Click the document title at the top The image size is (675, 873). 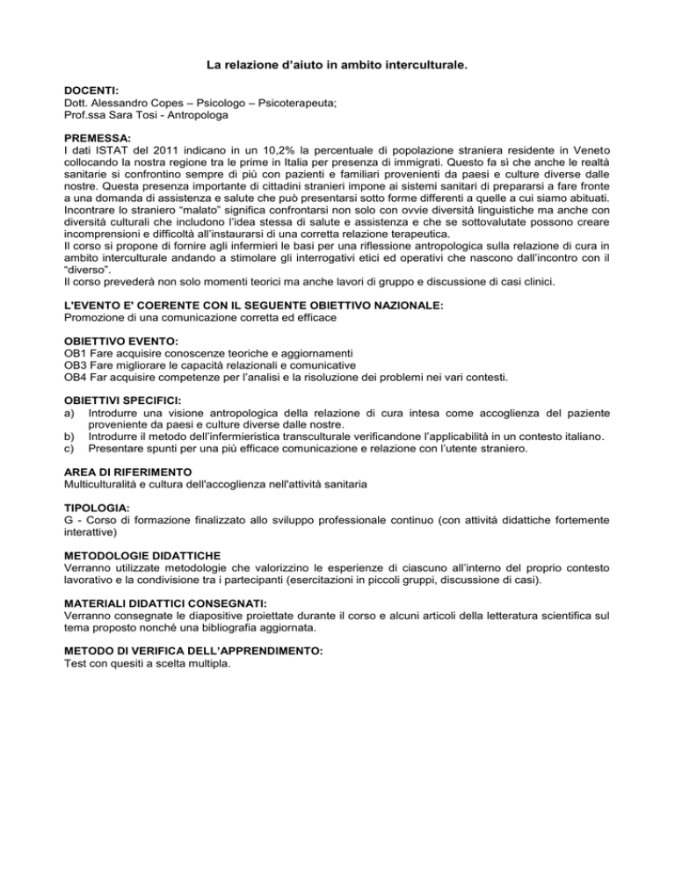337,65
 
